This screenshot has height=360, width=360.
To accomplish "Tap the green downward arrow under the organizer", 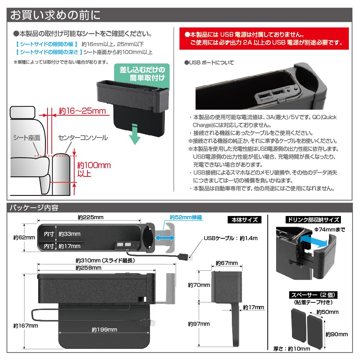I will coord(134,134).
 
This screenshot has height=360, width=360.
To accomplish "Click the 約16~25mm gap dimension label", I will coord(82,111).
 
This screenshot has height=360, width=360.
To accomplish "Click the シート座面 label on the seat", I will coord(27,138).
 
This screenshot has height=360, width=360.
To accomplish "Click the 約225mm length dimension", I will coord(90,217).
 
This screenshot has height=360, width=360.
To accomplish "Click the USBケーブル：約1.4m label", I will coord(231,238).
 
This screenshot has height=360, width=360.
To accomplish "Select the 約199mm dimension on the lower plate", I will coord(104,330).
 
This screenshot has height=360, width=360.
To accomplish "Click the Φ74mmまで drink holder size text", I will coord(329,229).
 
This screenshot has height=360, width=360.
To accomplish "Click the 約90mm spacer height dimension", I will coord(337,334).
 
